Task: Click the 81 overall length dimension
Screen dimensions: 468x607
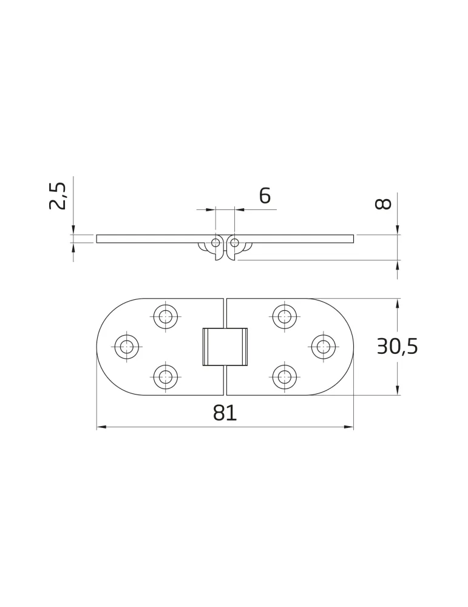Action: pyautogui.click(x=225, y=413)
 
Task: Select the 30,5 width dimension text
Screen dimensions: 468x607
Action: pyautogui.click(x=397, y=347)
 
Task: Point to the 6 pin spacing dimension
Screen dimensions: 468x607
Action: pyautogui.click(x=265, y=196)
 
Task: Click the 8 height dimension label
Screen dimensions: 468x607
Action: pyautogui.click(x=383, y=203)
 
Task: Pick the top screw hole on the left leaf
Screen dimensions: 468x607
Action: pyautogui.click(x=166, y=316)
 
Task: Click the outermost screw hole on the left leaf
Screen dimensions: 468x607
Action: pyautogui.click(x=127, y=347)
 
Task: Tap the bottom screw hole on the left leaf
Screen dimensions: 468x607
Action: pyautogui.click(x=166, y=376)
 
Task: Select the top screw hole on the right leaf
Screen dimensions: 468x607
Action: pyautogui.click(x=285, y=316)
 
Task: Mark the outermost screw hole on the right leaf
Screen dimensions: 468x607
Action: pyautogui.click(x=324, y=347)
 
